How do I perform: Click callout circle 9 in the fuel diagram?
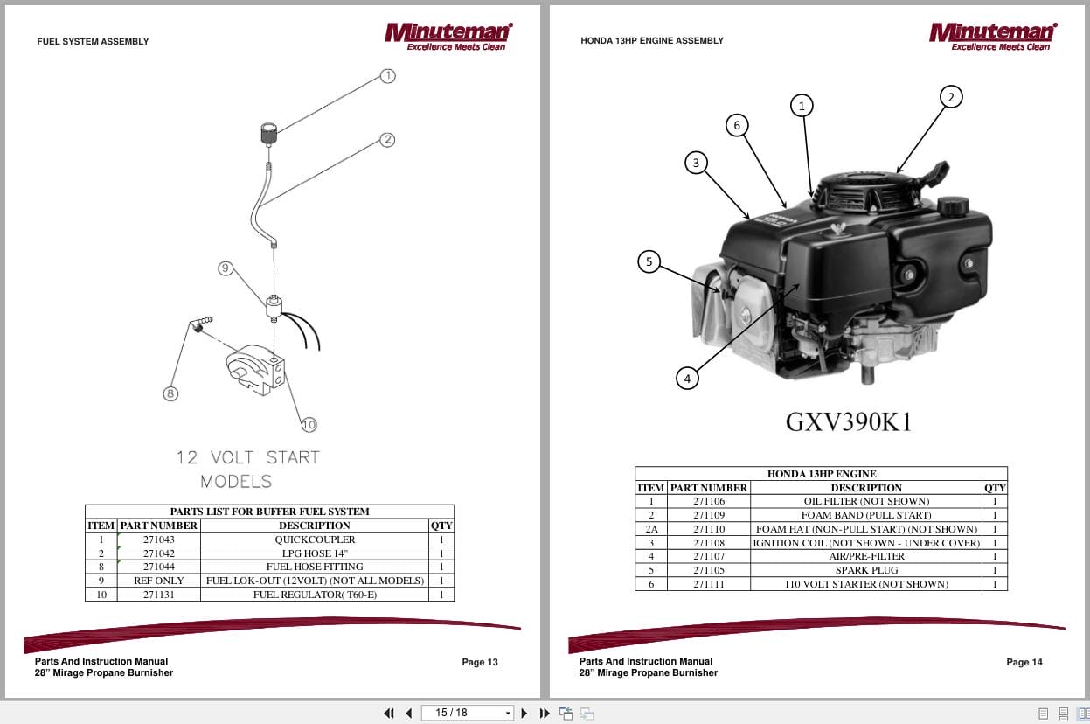(x=226, y=268)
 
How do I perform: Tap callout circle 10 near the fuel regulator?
(x=309, y=425)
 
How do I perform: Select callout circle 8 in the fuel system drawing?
(x=171, y=394)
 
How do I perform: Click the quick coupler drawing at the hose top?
(x=269, y=134)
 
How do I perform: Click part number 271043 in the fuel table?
(x=159, y=540)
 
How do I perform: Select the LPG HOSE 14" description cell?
(x=315, y=553)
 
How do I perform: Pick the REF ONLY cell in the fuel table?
(x=159, y=581)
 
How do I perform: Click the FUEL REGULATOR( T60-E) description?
(x=315, y=595)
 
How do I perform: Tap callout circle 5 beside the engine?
(x=649, y=261)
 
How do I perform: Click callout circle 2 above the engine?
(x=951, y=97)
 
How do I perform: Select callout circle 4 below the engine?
(x=688, y=379)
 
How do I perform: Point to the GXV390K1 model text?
(x=849, y=421)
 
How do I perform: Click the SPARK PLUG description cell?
(x=866, y=570)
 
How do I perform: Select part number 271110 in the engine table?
(x=709, y=529)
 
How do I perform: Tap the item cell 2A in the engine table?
(x=650, y=529)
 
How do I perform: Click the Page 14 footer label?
(x=1024, y=662)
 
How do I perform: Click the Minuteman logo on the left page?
(x=448, y=36)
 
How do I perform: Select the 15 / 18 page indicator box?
(x=467, y=713)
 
